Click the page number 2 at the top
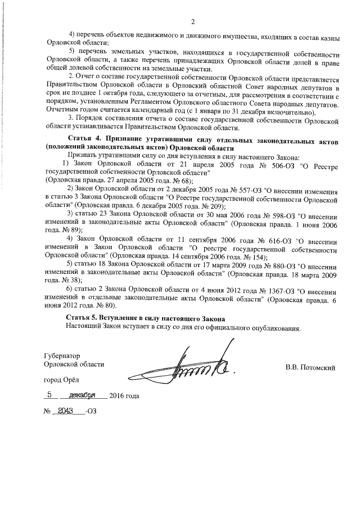(x=192, y=22)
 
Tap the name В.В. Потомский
(x=310, y=368)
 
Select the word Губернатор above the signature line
(x=62, y=355)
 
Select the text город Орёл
(x=62, y=380)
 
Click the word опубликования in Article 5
(x=272, y=327)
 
